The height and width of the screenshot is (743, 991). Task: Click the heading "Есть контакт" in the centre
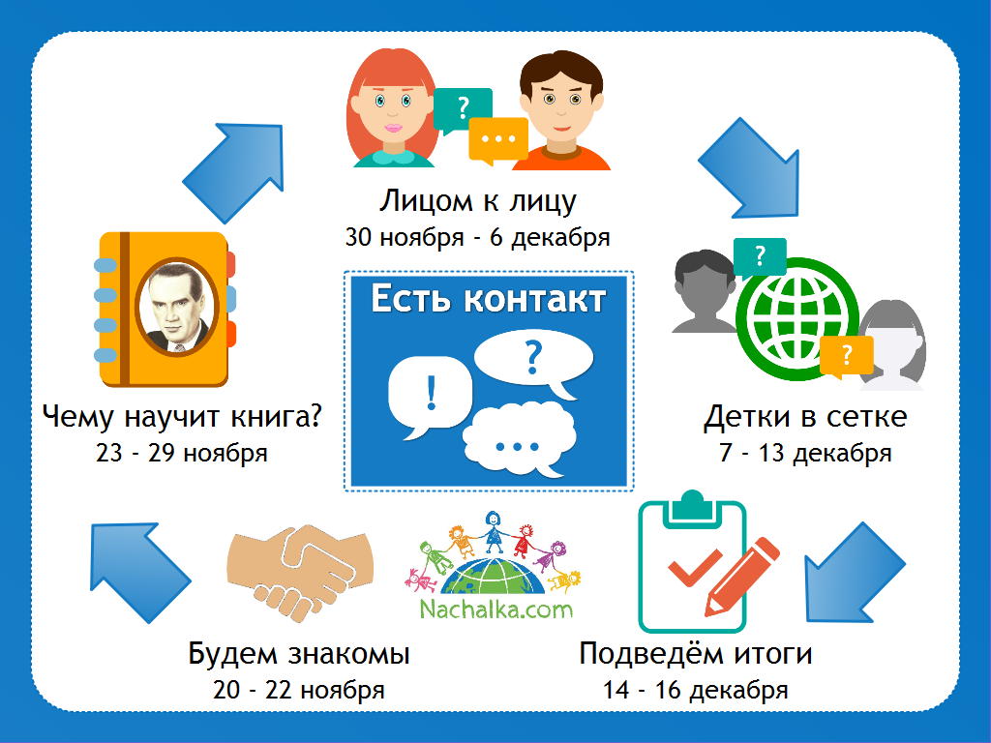tap(488, 299)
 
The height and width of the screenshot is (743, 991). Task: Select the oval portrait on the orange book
tap(176, 308)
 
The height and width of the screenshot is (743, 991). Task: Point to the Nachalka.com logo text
tap(496, 609)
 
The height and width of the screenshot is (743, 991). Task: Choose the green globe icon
tap(797, 319)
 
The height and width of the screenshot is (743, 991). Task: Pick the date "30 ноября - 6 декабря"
tap(478, 238)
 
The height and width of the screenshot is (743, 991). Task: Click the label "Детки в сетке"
tap(806, 417)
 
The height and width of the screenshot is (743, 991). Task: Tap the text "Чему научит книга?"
tap(182, 417)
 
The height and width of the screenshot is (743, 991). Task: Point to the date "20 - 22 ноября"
tap(299, 690)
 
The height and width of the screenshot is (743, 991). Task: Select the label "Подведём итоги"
tap(696, 654)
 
